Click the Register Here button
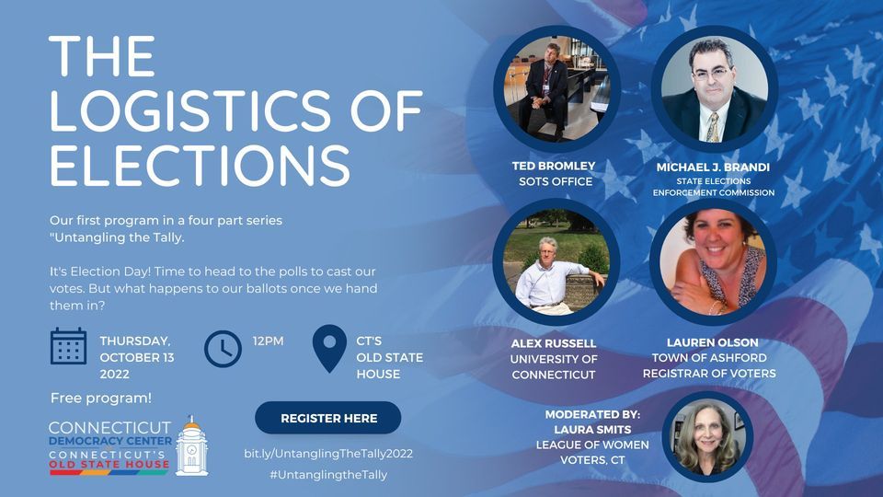328,418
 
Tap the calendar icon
69,346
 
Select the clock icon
222,348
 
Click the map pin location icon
329,348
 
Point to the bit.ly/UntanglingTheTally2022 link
328,454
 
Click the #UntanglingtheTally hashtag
328,475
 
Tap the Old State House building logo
191,447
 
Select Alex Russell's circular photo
556,262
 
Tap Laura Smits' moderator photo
707,436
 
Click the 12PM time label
269,341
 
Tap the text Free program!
101,399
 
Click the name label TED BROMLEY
554,166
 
